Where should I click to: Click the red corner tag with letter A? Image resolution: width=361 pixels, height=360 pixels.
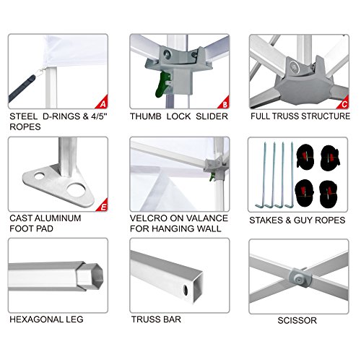[x=103, y=103]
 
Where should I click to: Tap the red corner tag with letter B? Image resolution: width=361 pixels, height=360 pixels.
[x=225, y=103]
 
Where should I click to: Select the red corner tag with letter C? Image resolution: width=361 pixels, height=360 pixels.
[x=344, y=103]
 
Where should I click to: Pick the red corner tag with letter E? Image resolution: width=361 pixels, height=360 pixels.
[x=103, y=205]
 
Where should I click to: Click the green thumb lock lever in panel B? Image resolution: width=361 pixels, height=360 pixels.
[x=162, y=85]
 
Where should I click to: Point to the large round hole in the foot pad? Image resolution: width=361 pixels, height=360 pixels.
[x=77, y=189]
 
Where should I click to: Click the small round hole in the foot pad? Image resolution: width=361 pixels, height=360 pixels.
[x=39, y=176]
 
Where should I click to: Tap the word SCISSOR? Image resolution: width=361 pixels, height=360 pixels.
[x=297, y=320]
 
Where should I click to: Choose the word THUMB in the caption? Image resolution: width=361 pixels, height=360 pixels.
[x=146, y=116]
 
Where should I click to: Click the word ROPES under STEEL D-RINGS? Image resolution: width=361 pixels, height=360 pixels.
[x=25, y=127]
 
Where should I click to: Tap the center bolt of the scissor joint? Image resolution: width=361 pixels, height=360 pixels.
[x=299, y=280]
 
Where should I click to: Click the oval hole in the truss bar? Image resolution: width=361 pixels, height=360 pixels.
[x=186, y=290]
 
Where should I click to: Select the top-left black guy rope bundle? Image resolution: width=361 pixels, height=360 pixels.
[x=305, y=156]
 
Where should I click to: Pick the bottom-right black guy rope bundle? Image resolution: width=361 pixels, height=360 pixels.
[x=329, y=194]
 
